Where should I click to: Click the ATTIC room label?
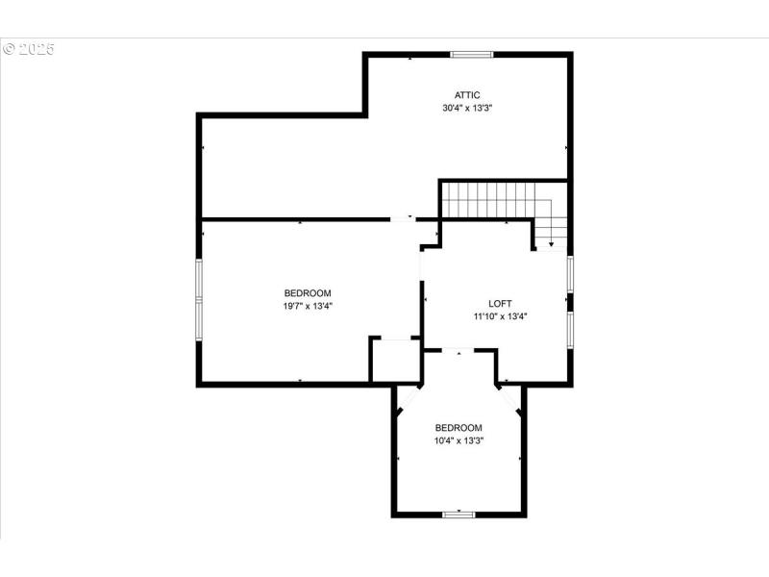tap(467, 95)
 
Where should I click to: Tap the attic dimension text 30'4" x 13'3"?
tap(467, 108)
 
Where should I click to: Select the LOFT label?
tap(500, 304)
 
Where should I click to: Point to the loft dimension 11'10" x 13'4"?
tap(500, 316)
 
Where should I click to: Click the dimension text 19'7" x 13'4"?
tap(308, 306)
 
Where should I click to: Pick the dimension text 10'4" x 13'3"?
tap(459, 440)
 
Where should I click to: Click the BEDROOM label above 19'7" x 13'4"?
tap(308, 293)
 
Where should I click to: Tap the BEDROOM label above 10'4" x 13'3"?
tap(459, 428)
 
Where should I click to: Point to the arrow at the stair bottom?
tap(551, 245)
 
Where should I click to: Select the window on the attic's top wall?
tap(472, 54)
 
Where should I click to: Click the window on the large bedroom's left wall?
tap(199, 298)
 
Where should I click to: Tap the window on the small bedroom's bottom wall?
tap(459, 514)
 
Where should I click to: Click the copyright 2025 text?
tap(29, 48)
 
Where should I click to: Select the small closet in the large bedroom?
tap(395, 361)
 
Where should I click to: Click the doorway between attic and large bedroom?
tap(403, 219)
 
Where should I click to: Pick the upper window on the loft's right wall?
tap(570, 274)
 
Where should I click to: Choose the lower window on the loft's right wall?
tap(570, 327)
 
